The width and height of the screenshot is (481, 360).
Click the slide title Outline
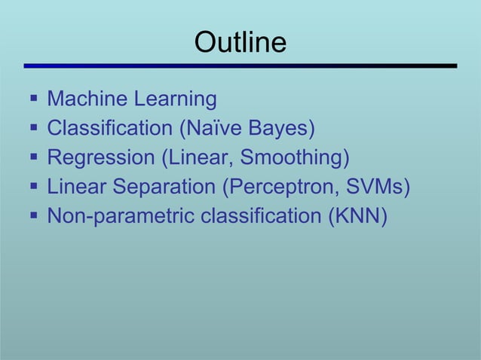(240, 42)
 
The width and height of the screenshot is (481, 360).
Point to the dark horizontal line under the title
(240, 66)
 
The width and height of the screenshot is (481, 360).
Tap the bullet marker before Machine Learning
(32, 99)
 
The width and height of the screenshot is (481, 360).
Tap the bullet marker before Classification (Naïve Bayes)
(32, 129)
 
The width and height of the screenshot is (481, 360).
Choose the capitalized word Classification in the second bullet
(109, 129)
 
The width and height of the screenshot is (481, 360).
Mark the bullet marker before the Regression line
(32, 158)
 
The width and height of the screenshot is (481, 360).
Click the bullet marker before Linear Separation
(32, 188)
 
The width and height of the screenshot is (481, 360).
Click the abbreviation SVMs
(378, 188)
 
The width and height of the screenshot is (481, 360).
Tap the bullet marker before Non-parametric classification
(32, 217)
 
